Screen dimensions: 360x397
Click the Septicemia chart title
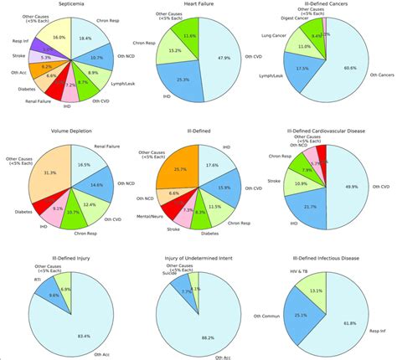point(70,4)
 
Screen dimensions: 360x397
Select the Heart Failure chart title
point(200,4)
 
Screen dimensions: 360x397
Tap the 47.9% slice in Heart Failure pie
point(224,58)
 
